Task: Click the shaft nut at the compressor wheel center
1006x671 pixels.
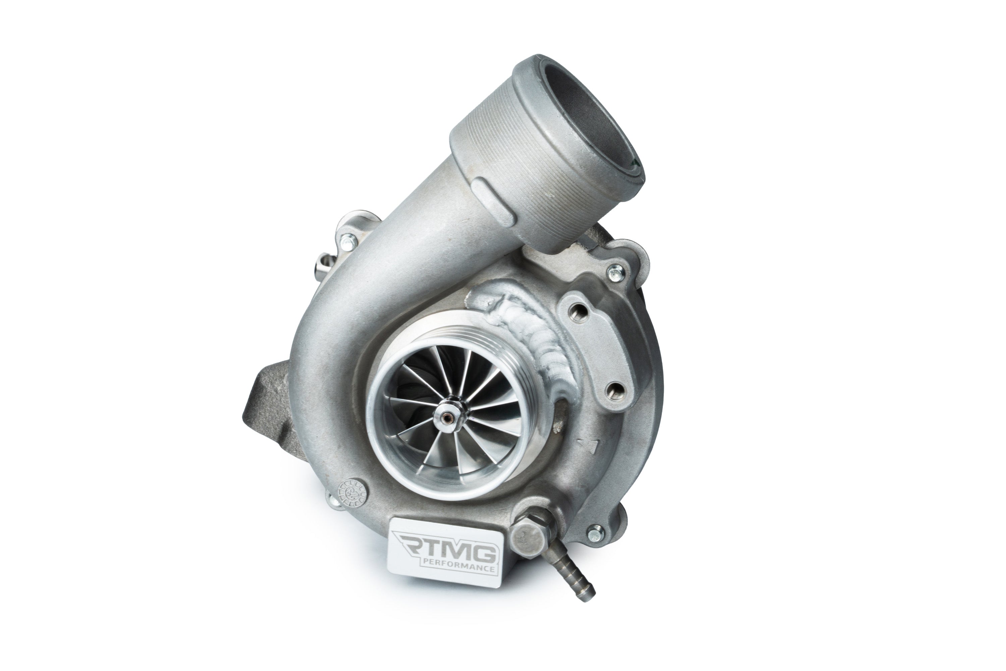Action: point(448,416)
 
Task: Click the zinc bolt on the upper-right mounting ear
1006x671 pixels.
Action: point(615,271)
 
